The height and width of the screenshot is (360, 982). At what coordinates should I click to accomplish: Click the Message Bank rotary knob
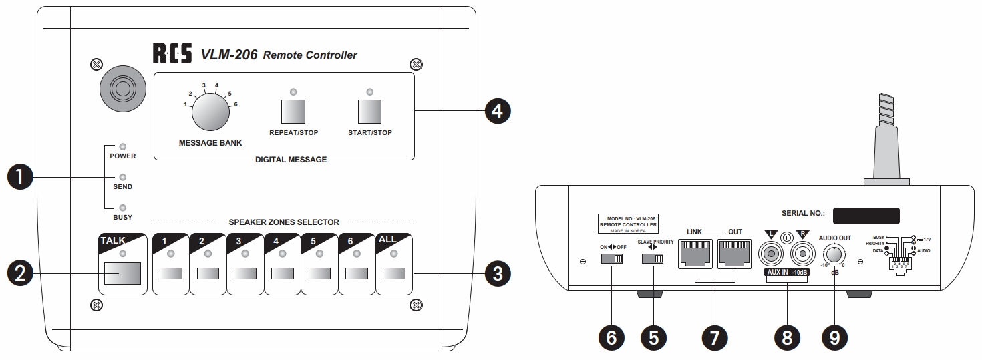tap(210, 112)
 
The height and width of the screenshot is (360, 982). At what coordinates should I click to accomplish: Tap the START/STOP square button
tap(370, 111)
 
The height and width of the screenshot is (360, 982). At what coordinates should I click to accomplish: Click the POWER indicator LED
tap(122, 146)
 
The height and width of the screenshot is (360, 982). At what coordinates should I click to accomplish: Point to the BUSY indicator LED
tap(122, 207)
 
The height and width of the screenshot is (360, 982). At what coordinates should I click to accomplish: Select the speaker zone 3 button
tap(245, 273)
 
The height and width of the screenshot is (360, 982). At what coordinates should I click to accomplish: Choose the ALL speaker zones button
tap(394, 273)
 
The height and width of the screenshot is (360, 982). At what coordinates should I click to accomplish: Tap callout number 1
tap(19, 177)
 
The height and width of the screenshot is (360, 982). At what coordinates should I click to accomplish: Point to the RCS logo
tap(172, 54)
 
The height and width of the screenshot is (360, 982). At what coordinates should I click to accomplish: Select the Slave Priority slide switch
tap(653, 259)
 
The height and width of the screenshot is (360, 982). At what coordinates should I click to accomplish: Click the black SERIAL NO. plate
tap(866, 215)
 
